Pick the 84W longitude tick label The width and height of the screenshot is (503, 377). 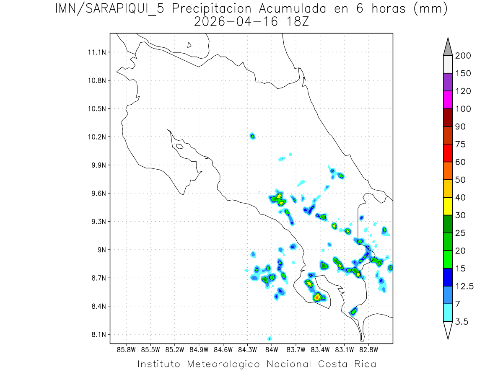tap(272, 349)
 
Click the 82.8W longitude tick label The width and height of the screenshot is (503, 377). tap(368, 349)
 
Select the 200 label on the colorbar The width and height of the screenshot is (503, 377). tap(463, 56)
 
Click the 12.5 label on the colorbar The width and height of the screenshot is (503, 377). tap(464, 287)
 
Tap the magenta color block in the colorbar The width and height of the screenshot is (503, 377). tap(448, 100)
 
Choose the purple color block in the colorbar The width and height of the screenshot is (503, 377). tap(448, 83)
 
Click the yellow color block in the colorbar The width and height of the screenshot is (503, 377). tap(448, 206)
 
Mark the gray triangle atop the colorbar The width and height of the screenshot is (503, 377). tap(448, 47)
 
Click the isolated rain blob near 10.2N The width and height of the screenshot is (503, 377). tap(252, 136)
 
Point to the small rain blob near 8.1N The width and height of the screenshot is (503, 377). tap(270, 338)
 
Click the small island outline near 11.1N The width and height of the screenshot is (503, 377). tap(189, 45)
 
